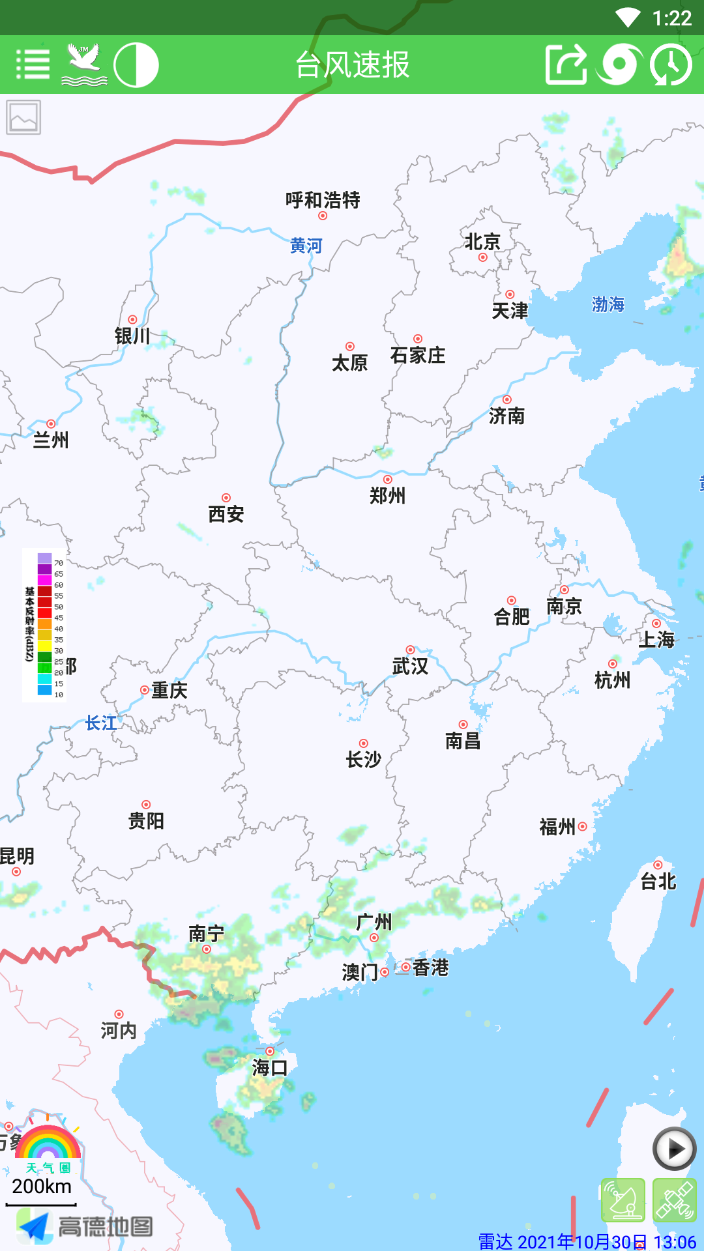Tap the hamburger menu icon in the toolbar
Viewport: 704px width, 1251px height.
[33, 65]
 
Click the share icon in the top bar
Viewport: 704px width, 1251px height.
[566, 65]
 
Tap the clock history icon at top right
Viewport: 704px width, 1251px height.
[671, 65]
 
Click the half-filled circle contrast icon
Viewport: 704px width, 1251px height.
[136, 65]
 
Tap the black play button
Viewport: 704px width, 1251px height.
[675, 1149]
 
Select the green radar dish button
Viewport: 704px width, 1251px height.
[623, 1200]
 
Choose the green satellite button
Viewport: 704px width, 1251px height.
[674, 1200]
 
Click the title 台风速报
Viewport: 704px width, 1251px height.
[352, 65]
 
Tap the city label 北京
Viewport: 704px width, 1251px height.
[482, 242]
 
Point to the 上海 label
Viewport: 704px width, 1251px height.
[656, 639]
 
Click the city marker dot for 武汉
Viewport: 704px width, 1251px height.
[410, 650]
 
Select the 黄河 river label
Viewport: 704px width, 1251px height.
[306, 246]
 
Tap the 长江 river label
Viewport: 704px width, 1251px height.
[101, 723]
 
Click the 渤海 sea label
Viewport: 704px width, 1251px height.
[608, 304]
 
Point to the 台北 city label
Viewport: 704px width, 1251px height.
[658, 882]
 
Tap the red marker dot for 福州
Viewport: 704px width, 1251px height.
[583, 826]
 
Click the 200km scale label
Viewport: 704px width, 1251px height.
[42, 1186]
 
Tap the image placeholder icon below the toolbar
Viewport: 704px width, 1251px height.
[23, 117]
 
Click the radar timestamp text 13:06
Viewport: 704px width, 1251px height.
[675, 1241]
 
